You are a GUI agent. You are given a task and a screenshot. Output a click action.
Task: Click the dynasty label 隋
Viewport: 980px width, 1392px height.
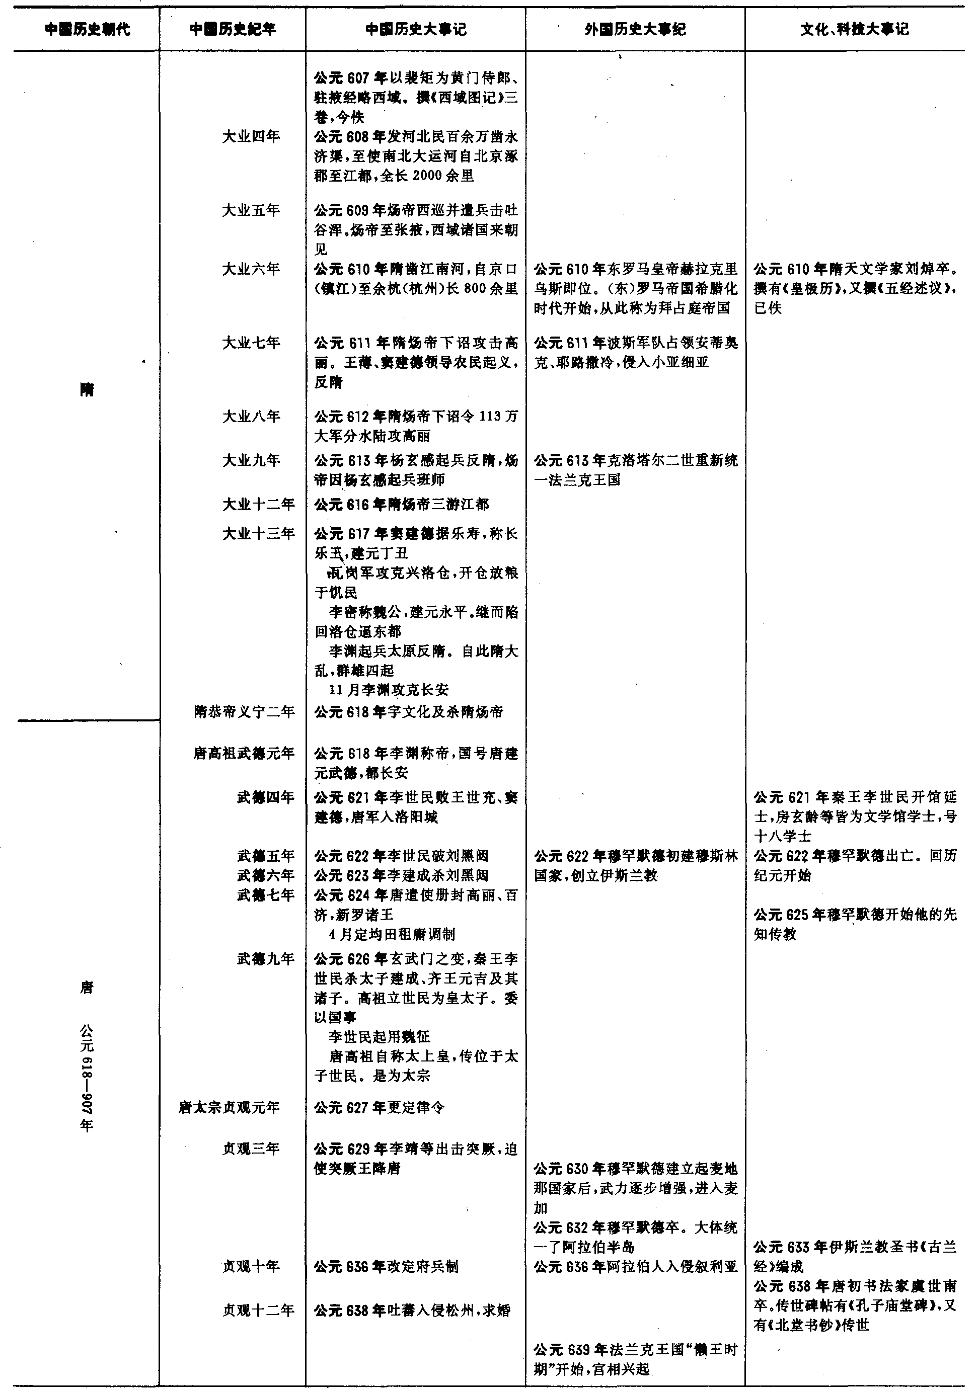87,389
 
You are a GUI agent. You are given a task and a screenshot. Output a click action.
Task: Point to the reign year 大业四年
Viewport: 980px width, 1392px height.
251,137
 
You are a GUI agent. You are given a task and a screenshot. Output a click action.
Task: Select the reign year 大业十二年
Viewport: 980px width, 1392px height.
258,505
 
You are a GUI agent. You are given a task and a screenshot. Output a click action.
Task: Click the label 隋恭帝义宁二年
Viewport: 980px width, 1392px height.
245,712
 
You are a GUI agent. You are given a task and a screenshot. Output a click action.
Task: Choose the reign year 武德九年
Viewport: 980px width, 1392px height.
266,959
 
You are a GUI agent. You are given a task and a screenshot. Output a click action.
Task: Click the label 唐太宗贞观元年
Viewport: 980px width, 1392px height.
229,1108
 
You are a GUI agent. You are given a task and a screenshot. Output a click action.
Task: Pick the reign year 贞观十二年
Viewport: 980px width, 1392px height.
258,1311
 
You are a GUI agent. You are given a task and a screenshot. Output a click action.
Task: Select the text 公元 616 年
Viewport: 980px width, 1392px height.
350,505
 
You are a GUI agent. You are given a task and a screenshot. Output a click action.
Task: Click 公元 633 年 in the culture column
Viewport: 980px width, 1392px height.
790,1248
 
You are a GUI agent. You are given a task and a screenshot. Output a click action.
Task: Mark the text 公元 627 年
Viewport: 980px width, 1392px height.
350,1108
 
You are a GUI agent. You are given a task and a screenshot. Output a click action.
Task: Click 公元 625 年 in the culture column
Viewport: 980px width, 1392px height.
790,915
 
